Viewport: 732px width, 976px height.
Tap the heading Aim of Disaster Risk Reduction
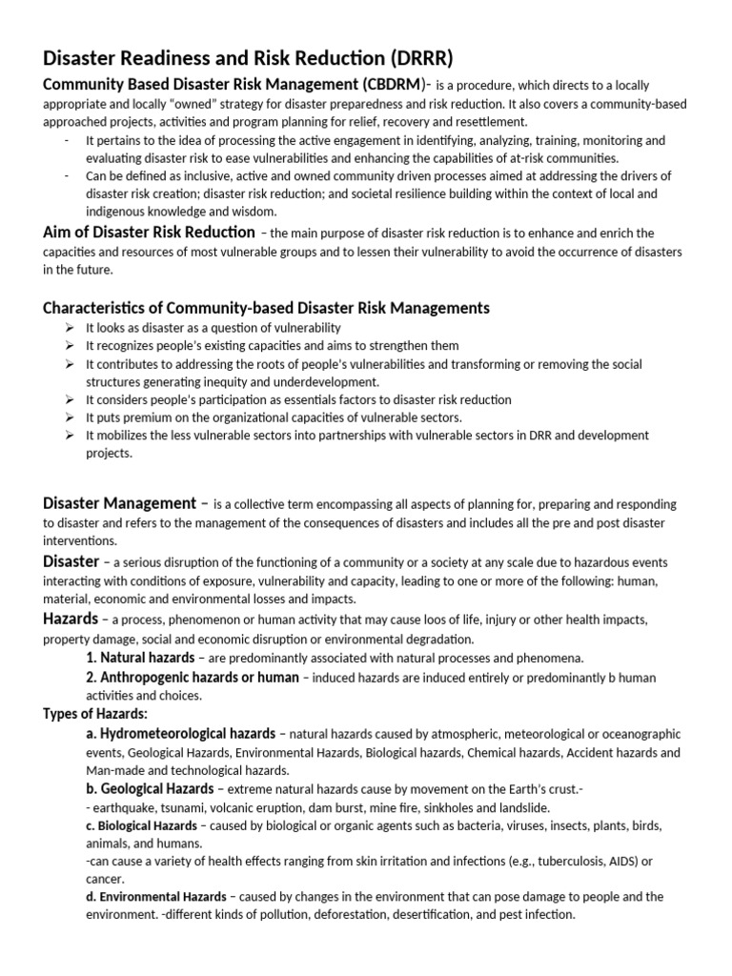[x=150, y=233]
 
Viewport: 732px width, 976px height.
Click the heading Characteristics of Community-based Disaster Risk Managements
[x=267, y=308]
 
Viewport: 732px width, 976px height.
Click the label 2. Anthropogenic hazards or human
[x=192, y=677]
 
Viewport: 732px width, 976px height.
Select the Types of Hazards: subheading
[x=95, y=714]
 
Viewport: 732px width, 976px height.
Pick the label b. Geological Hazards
[x=151, y=789]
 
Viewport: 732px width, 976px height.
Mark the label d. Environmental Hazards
[x=155, y=897]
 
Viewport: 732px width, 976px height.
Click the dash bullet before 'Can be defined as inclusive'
[x=67, y=176]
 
